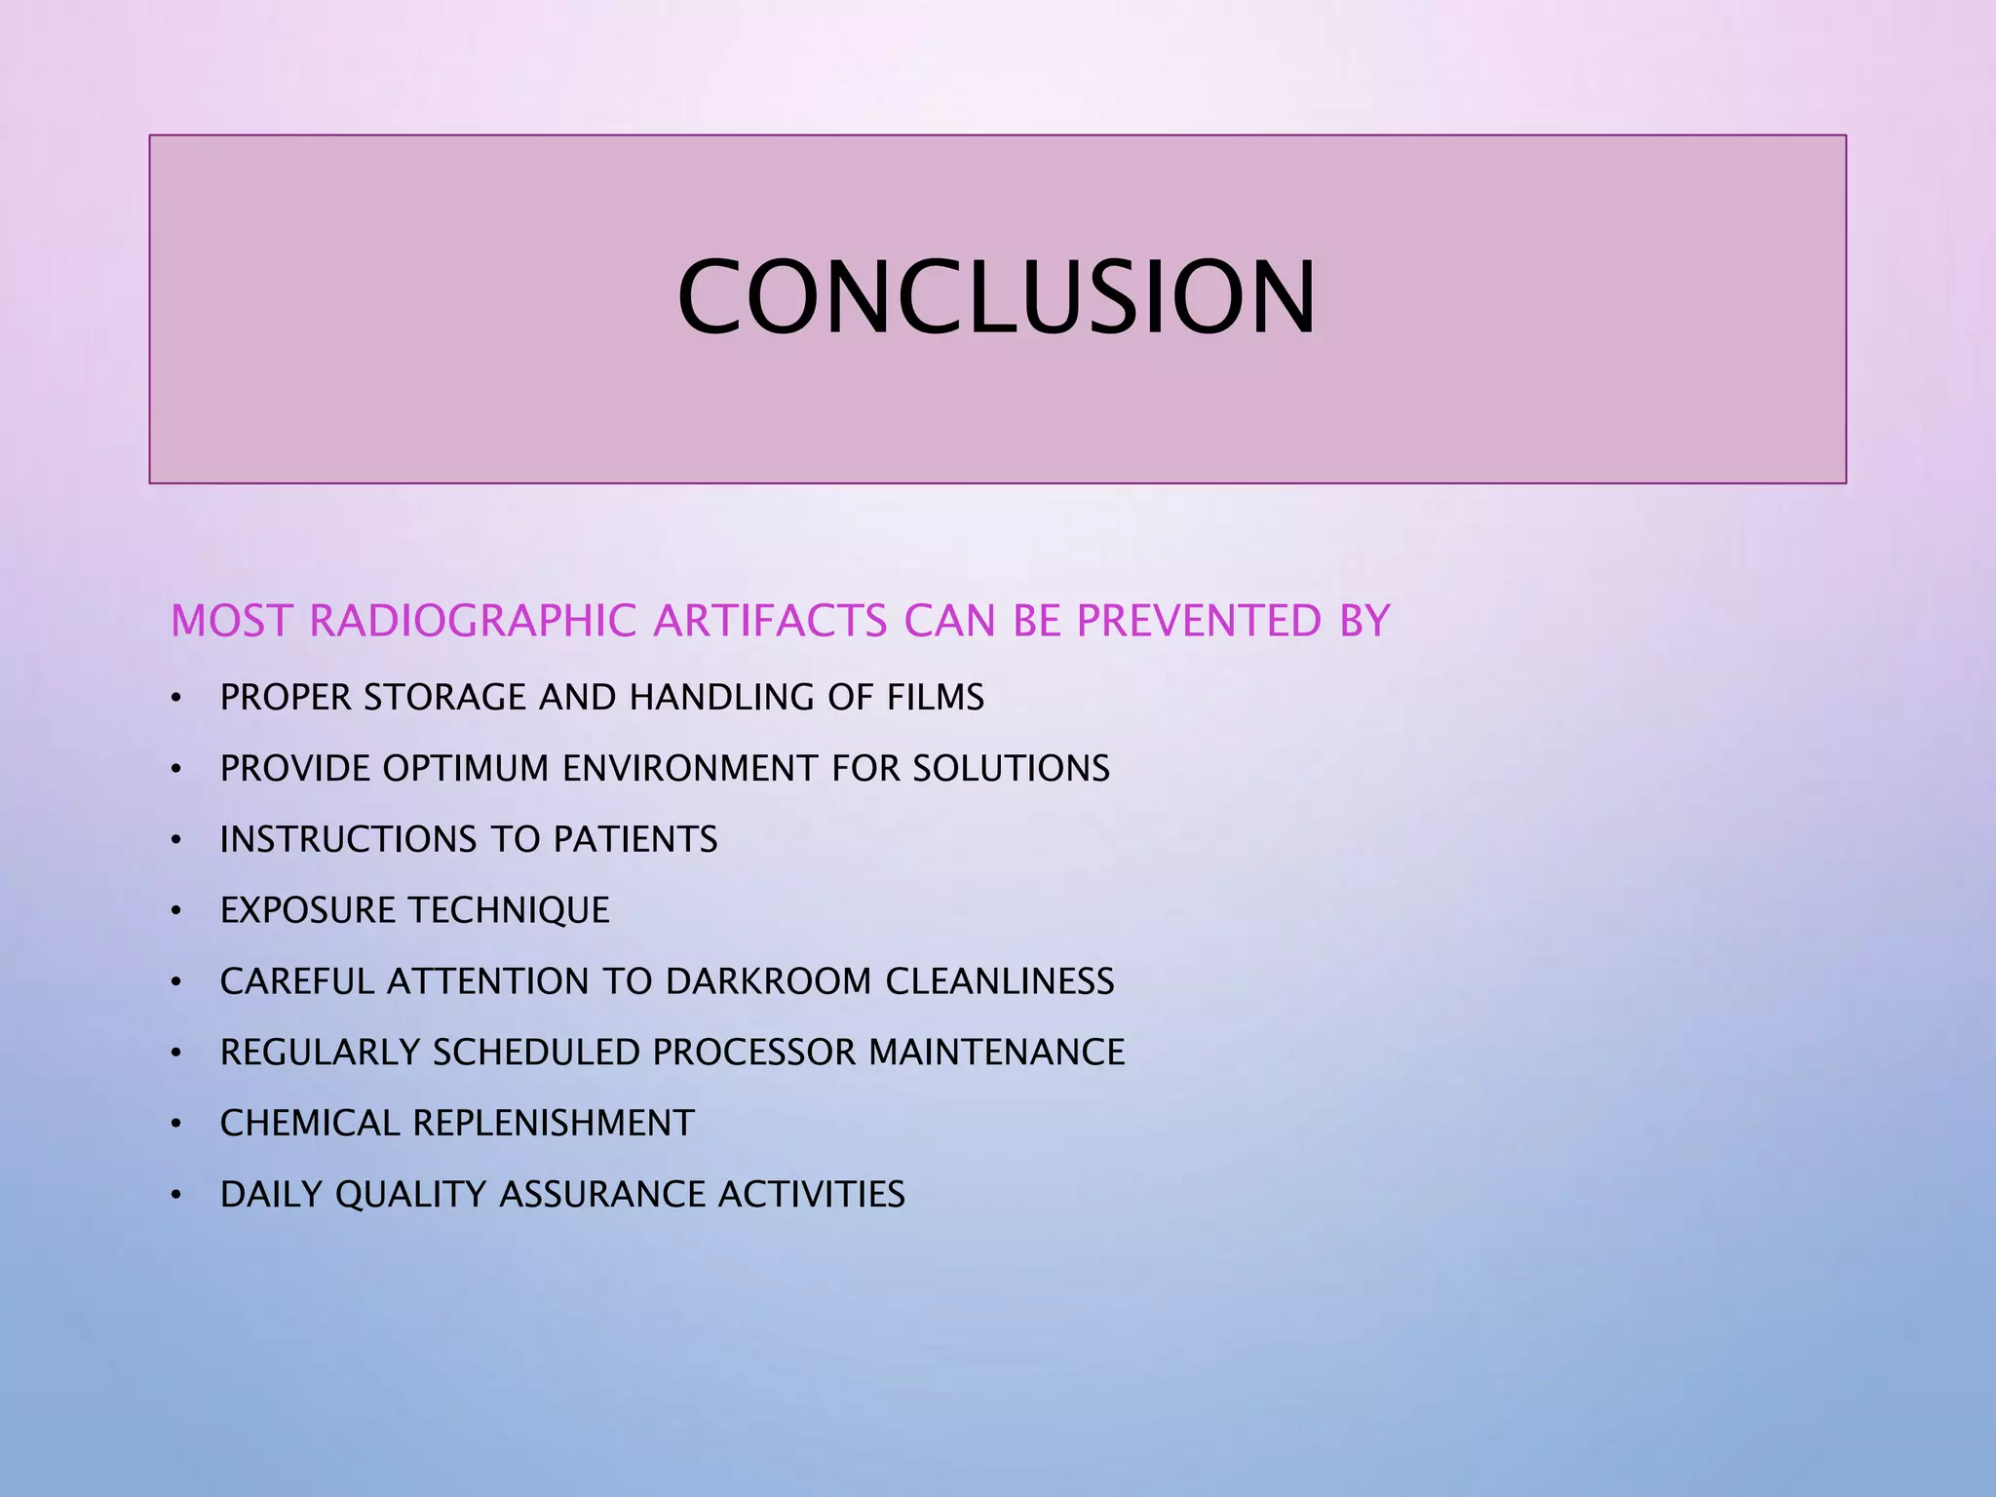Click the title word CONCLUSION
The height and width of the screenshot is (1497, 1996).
coord(996,296)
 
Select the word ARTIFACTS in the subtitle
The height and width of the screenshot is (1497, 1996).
coord(770,622)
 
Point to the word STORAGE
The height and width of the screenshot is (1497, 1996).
coord(444,698)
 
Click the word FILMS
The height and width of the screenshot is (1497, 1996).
coord(936,698)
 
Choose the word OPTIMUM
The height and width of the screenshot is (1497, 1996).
coord(466,769)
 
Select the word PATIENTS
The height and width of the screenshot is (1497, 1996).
coord(635,840)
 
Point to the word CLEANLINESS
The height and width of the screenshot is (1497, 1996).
coord(1000,981)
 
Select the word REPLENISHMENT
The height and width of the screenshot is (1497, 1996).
coord(554,1124)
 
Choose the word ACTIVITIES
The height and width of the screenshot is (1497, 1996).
coord(812,1195)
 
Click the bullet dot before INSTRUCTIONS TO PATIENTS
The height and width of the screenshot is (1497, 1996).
coord(176,840)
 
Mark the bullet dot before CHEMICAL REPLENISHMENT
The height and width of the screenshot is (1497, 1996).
coord(176,1124)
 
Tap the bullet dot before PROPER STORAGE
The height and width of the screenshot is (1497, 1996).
coord(176,698)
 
